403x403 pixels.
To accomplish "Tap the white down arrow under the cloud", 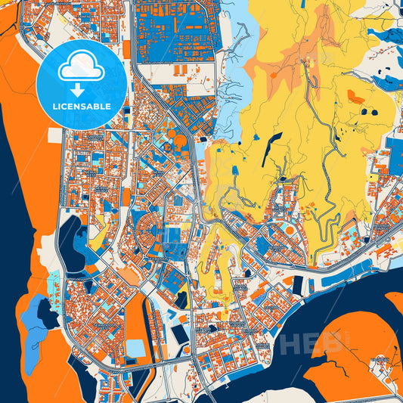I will [x=82, y=88].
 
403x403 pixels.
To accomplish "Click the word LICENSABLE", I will [x=82, y=106].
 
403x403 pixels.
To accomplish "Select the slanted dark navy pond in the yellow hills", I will [x=271, y=149].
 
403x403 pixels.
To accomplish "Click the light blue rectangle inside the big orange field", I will [x=136, y=348].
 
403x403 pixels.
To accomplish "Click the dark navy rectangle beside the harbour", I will [x=297, y=285].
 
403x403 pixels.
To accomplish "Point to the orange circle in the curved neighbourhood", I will [x=290, y=229].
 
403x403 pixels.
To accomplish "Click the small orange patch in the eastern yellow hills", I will [x=352, y=96].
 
